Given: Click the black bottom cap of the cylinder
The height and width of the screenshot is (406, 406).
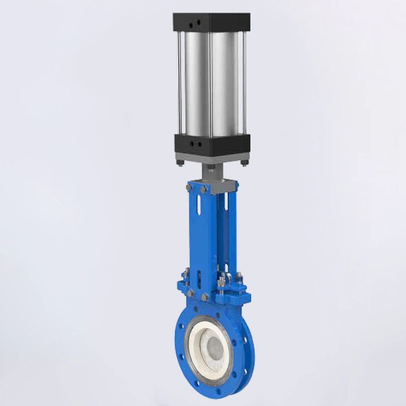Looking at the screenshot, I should [211, 143].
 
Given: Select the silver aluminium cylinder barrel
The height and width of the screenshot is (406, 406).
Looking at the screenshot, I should [211, 81].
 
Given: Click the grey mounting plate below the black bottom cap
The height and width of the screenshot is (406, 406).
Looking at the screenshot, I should [211, 157].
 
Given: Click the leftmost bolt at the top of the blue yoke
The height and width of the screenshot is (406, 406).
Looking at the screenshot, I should [188, 187].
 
